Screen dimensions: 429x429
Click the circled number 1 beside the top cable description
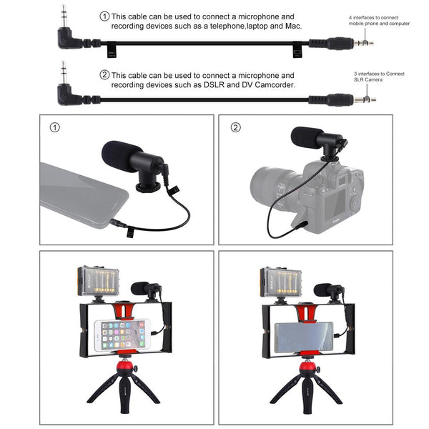[x=104, y=16]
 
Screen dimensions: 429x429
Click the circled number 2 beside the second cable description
[x=104, y=74]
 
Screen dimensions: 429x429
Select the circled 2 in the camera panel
[x=236, y=128]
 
